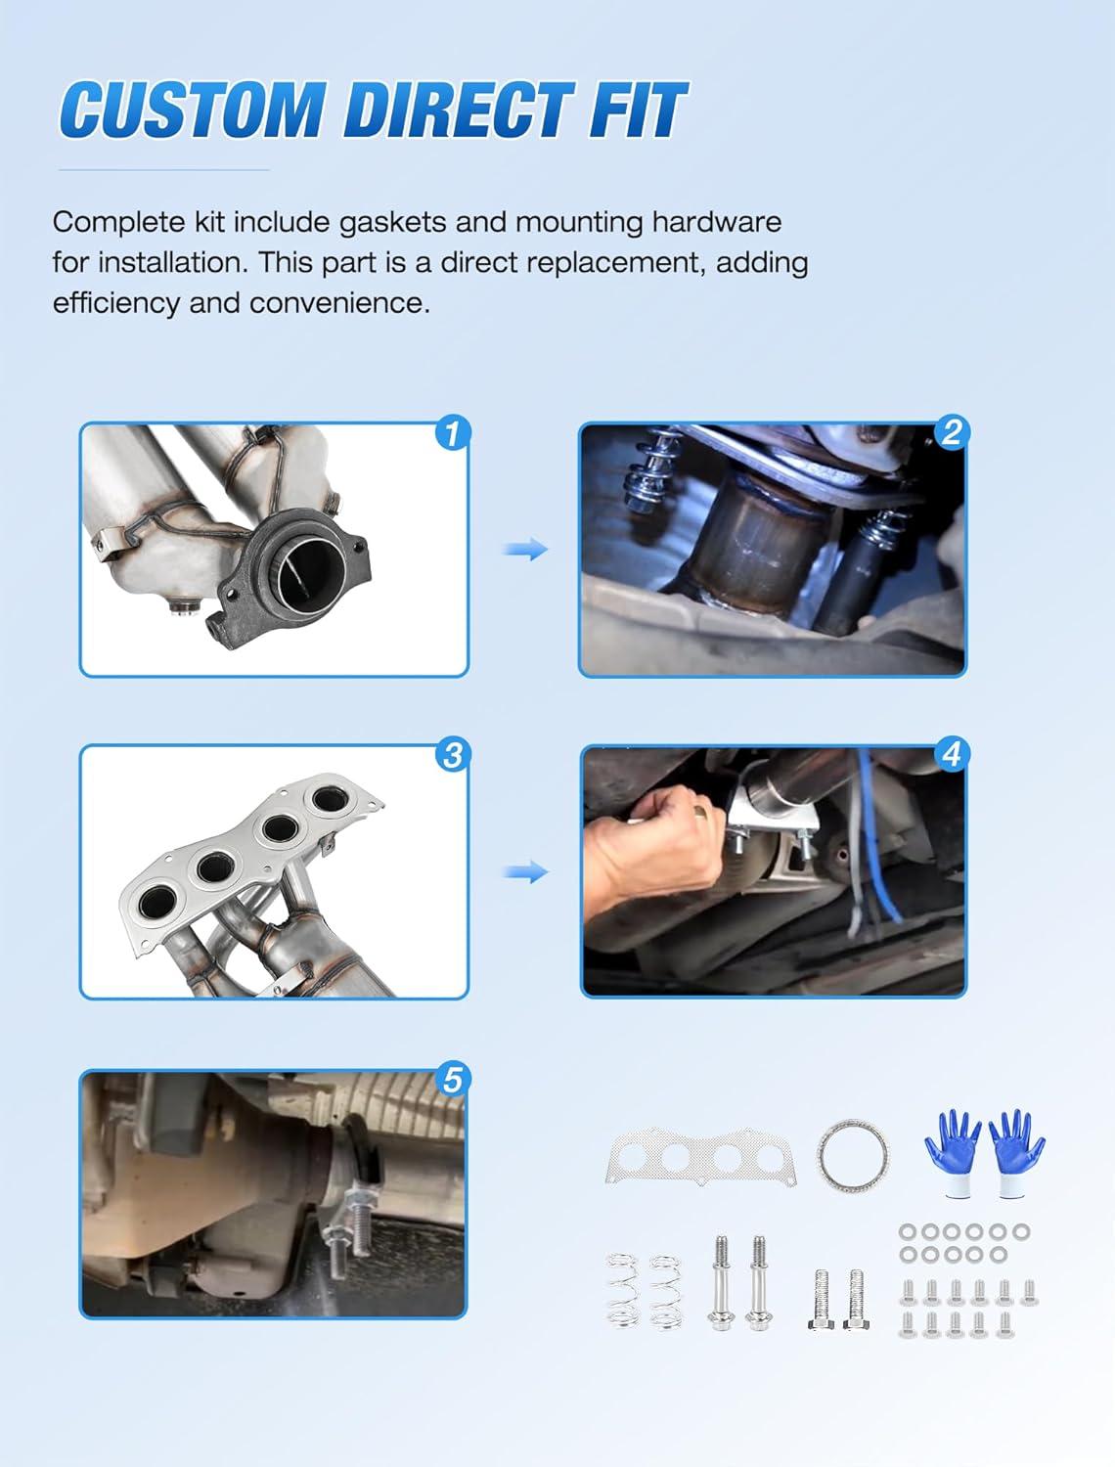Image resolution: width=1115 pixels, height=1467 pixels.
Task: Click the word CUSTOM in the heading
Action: click(x=192, y=110)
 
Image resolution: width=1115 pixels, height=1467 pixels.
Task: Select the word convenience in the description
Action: click(x=339, y=303)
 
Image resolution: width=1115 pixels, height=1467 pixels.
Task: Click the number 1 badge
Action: click(x=452, y=433)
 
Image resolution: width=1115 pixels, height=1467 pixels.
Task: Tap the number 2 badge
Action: click(x=951, y=432)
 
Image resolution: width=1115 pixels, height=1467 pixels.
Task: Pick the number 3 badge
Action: click(x=452, y=755)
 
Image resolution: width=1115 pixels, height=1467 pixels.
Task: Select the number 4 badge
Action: click(x=951, y=754)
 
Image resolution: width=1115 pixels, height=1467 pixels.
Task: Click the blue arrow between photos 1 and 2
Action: click(x=525, y=550)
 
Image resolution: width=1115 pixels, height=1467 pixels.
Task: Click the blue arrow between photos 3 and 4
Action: click(x=525, y=871)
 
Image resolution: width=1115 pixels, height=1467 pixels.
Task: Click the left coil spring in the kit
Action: click(x=623, y=1291)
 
